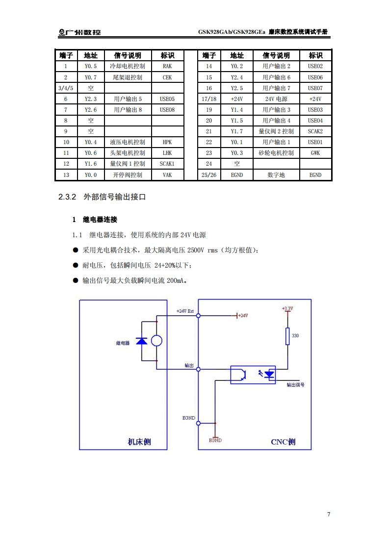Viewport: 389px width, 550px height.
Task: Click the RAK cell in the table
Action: pos(167,67)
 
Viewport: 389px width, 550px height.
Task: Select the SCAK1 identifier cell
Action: pos(167,164)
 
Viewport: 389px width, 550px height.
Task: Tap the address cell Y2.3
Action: pos(91,99)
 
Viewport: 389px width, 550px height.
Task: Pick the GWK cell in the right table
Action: pos(315,153)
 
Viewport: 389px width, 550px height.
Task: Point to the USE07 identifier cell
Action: pos(315,88)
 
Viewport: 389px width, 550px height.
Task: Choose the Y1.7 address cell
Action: pos(237,131)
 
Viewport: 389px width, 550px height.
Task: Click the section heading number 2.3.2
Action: pos(67,197)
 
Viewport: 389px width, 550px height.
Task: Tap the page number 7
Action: pos(329,514)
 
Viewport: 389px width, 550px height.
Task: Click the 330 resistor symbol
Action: pos(287,336)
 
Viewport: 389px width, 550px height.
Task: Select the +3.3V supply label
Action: pos(287,308)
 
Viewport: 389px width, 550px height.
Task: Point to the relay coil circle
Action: pos(156,341)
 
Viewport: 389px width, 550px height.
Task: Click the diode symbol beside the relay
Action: pos(141,341)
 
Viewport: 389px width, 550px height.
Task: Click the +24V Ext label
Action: pos(185,311)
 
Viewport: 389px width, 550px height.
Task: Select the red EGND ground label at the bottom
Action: pos(215,440)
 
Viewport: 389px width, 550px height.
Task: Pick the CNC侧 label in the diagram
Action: pos(283,442)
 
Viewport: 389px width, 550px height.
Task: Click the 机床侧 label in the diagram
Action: pos(139,442)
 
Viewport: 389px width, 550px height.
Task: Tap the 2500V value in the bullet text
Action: pos(196,250)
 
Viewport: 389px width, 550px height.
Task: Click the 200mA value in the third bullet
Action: pos(176,281)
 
